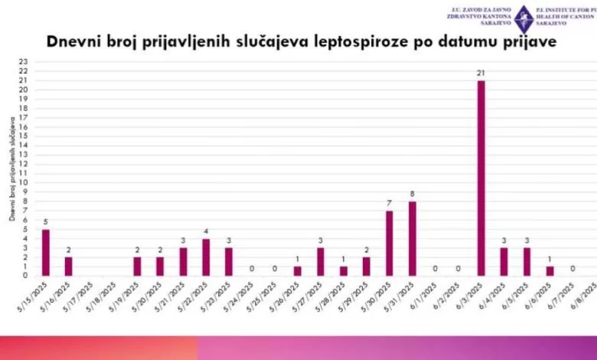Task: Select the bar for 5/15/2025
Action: pyautogui.click(x=45, y=252)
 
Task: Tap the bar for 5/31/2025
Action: pyautogui.click(x=412, y=238)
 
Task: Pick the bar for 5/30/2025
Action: pyautogui.click(x=389, y=243)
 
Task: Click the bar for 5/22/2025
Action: pyautogui.click(x=206, y=257)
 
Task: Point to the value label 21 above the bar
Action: pyautogui.click(x=481, y=73)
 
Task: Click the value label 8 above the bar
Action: pyautogui.click(x=412, y=194)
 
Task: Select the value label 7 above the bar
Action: pyautogui.click(x=389, y=203)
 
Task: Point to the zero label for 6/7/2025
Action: pyautogui.click(x=573, y=268)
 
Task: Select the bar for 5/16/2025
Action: pyautogui.click(x=68, y=266)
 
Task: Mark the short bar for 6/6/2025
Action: pyautogui.click(x=550, y=270)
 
